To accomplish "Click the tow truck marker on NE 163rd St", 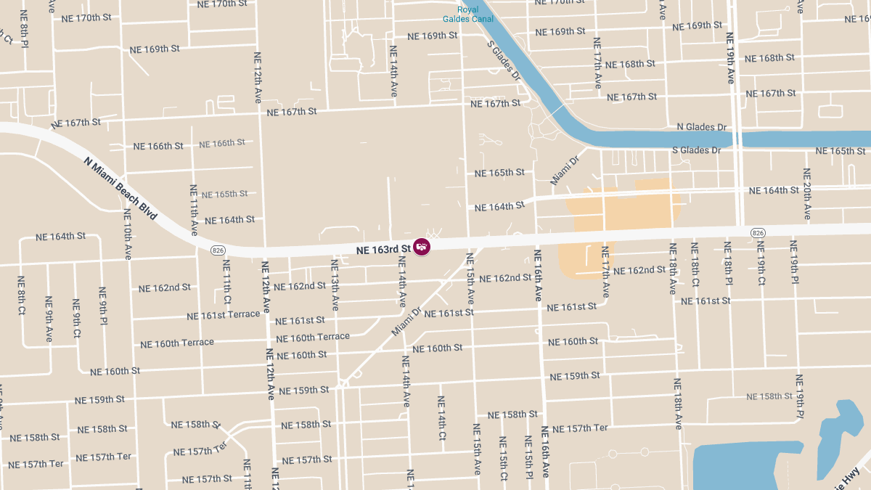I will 421,247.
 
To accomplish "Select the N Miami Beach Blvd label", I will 120,188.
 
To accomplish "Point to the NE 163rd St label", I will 383,250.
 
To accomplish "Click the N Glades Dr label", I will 701,127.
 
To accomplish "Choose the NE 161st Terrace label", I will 223,315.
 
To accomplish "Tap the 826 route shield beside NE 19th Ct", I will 758,232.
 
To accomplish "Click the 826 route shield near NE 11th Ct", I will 217,250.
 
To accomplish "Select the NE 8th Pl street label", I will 24,29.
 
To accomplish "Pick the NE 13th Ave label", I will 335,283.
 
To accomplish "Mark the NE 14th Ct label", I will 441,418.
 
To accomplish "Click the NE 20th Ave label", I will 807,194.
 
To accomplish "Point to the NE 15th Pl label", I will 528,457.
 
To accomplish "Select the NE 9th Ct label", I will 75,318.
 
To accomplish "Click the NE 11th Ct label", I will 227,279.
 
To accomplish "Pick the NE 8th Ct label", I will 22,295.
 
